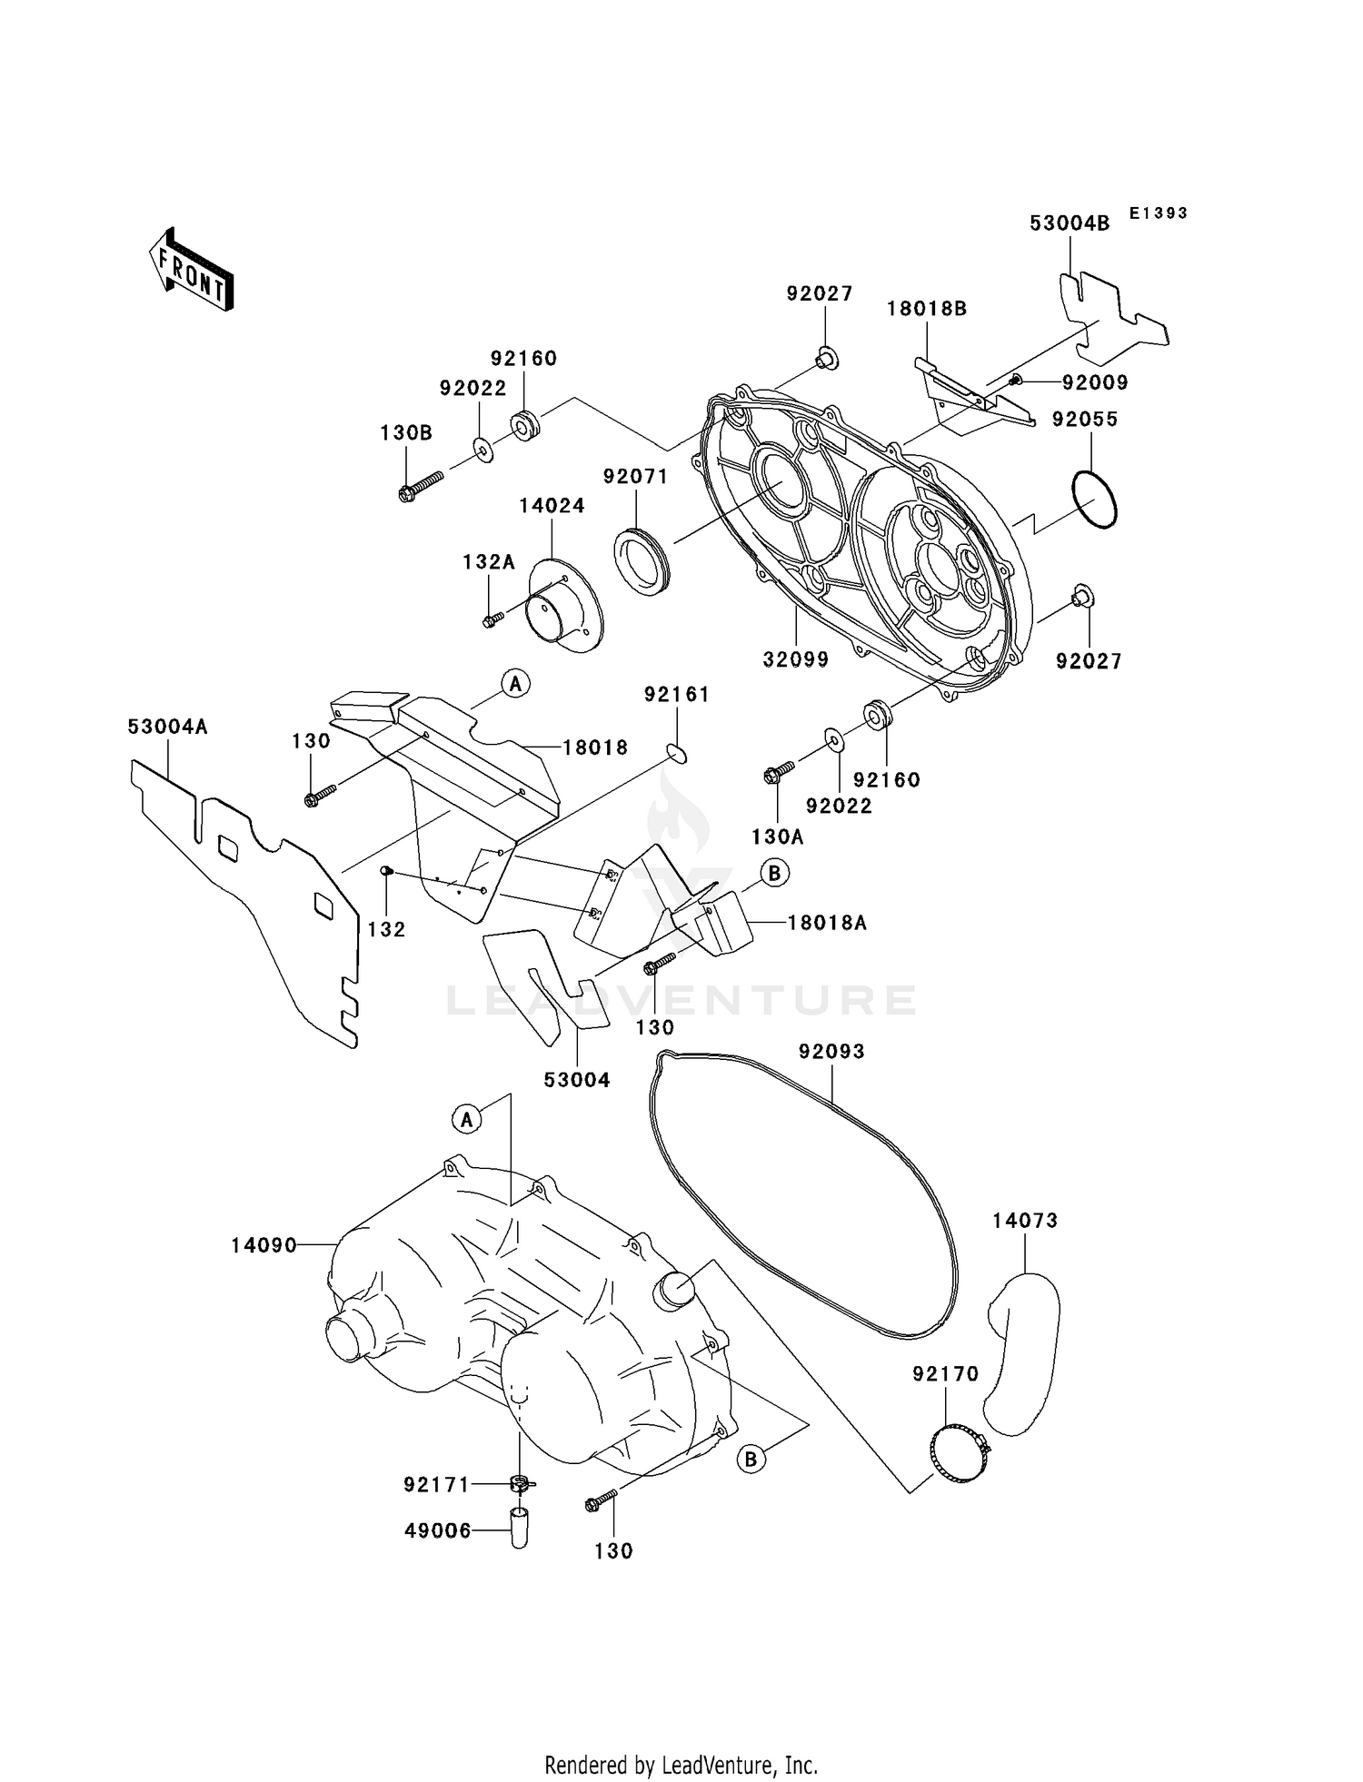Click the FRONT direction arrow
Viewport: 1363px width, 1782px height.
[192, 270]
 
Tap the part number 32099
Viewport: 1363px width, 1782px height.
[795, 659]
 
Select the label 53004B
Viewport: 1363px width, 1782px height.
[1070, 223]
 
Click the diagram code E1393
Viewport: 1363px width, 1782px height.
[1159, 213]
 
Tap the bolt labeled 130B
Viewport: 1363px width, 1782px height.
[420, 486]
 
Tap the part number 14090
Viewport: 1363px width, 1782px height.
[264, 1245]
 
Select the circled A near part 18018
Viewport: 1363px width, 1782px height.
[515, 683]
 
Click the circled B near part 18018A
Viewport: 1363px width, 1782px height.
[774, 874]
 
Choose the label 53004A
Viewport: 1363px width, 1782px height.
[167, 727]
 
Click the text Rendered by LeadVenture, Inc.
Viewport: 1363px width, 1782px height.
[681, 1765]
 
